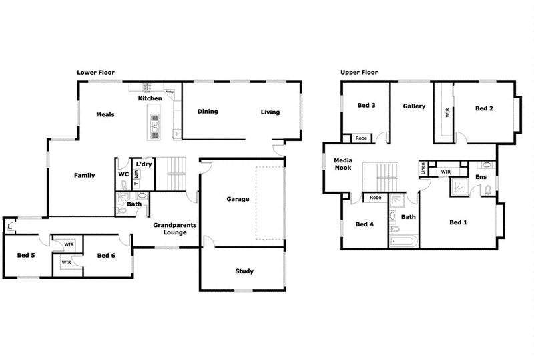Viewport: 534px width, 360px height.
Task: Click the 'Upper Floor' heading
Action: click(x=360, y=71)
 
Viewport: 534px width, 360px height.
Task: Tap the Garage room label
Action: click(x=238, y=199)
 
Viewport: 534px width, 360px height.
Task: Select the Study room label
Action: click(x=244, y=271)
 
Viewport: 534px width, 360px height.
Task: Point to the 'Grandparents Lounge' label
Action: click(x=174, y=229)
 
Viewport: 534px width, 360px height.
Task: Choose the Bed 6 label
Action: click(x=107, y=255)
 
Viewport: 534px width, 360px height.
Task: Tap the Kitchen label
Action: click(x=150, y=99)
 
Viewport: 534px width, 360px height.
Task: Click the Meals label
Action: click(x=105, y=114)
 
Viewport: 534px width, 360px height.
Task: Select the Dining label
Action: click(x=208, y=112)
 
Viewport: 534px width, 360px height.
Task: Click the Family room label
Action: click(x=84, y=176)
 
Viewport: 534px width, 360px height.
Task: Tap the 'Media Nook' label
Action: click(x=343, y=164)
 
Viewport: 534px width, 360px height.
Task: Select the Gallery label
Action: click(x=414, y=106)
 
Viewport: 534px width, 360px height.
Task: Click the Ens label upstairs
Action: click(x=481, y=177)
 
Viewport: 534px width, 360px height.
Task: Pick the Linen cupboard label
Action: click(x=423, y=170)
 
